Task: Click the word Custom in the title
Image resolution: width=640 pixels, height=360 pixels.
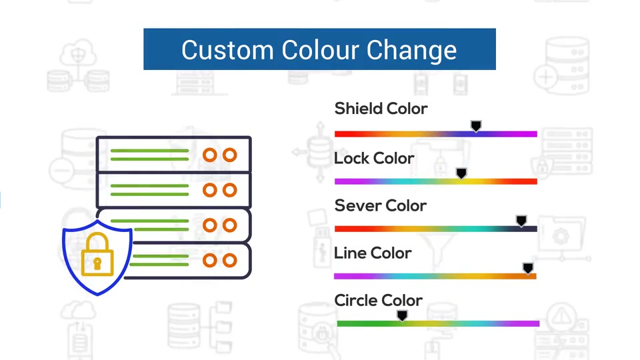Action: [x=227, y=50]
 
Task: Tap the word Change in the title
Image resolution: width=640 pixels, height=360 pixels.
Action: [x=411, y=50]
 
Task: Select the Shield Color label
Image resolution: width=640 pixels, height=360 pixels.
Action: [x=381, y=109]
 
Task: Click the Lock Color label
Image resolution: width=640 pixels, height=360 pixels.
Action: [x=374, y=159]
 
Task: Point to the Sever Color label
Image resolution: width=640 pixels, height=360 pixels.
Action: [x=381, y=206]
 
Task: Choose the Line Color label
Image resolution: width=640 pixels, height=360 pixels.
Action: [x=373, y=253]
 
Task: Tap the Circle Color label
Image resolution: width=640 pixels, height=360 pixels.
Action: [x=378, y=301]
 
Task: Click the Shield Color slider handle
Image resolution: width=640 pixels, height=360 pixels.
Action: [x=476, y=126]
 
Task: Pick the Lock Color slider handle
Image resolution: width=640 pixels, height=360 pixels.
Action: [x=461, y=173]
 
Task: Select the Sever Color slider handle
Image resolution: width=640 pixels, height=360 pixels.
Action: [x=521, y=221]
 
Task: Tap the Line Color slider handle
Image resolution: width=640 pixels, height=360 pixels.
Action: [x=528, y=268]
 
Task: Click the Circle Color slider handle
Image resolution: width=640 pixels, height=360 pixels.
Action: [x=402, y=315]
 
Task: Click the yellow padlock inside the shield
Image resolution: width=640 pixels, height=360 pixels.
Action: [x=97, y=255]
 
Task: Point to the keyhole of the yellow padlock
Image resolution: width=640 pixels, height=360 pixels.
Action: [x=97, y=264]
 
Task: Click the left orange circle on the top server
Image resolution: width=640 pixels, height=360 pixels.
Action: [x=210, y=155]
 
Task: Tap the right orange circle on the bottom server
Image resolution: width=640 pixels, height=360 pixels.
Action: [x=230, y=261]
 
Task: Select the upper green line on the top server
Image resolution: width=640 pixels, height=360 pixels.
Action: [x=149, y=151]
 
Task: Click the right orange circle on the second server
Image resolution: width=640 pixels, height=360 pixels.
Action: [x=230, y=190]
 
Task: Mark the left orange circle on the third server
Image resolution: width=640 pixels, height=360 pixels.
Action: [x=210, y=225]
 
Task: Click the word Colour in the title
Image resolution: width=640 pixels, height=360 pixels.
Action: [x=319, y=50]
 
